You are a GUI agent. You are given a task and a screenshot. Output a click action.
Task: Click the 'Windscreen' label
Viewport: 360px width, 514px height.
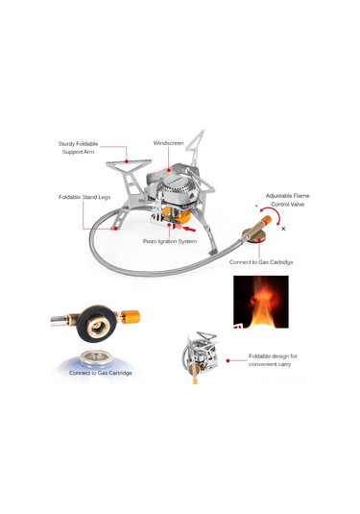click(168, 143)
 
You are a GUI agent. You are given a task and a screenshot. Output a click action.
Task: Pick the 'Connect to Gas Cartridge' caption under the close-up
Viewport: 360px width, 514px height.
click(93, 372)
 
